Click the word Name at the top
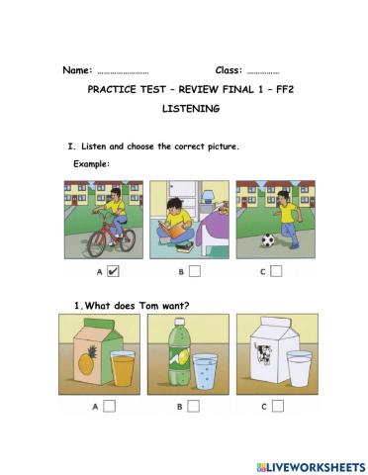coord(76,70)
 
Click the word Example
coord(91,163)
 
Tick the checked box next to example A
coord(112,269)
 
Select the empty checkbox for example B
coord(195,269)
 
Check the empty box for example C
coord(277,269)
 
